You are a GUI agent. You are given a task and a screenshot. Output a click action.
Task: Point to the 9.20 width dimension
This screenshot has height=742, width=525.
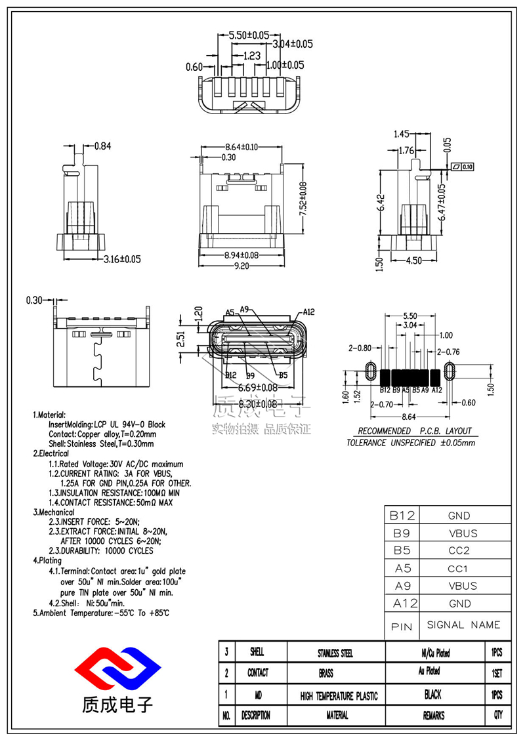point(241,266)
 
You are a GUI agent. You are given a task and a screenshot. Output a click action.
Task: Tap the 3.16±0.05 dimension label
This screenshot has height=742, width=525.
point(123,259)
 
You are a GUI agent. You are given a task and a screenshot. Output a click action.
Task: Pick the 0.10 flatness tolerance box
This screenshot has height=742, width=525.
point(463,167)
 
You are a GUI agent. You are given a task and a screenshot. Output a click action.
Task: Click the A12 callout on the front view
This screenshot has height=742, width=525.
point(310,312)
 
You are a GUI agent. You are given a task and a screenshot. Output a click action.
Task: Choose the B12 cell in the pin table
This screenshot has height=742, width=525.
point(402,516)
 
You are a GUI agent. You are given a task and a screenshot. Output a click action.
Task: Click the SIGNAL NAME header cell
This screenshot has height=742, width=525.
point(463,625)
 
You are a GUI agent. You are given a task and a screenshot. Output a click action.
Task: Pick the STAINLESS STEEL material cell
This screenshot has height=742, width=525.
point(335,653)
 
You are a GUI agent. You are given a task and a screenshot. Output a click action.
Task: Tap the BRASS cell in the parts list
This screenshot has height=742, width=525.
point(335,673)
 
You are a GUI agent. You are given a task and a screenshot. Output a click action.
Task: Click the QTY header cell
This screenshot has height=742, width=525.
point(497,716)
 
